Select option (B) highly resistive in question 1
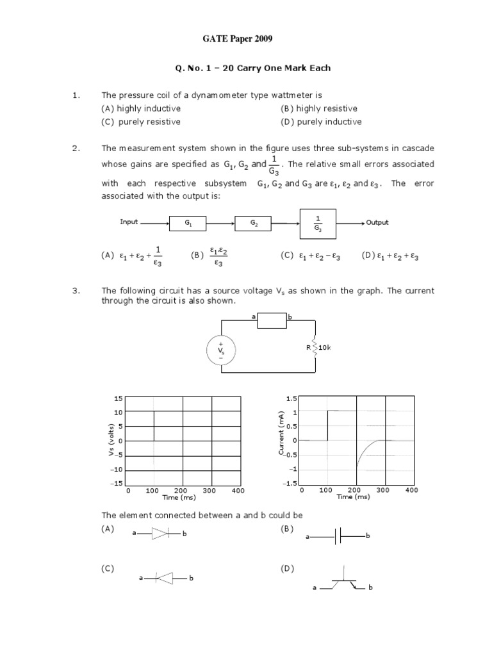click(318, 108)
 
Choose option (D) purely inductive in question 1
click(320, 122)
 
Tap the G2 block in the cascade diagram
click(253, 223)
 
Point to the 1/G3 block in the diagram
click(318, 222)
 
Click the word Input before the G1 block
click(129, 222)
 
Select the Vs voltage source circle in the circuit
click(221, 351)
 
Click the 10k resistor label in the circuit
click(324, 347)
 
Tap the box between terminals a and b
click(272, 320)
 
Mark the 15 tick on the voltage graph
click(118, 398)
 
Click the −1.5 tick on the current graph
click(290, 483)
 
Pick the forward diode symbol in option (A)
click(159, 533)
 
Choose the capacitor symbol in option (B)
click(337, 536)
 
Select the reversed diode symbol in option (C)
click(165, 578)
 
